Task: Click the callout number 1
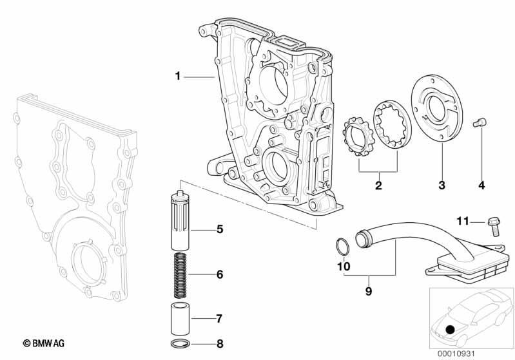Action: tap(178, 76)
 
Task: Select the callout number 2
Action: tap(378, 185)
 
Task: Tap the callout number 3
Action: tap(442, 185)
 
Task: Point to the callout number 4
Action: tap(481, 185)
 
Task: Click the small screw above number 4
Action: tap(480, 123)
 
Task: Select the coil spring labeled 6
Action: tap(180, 272)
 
